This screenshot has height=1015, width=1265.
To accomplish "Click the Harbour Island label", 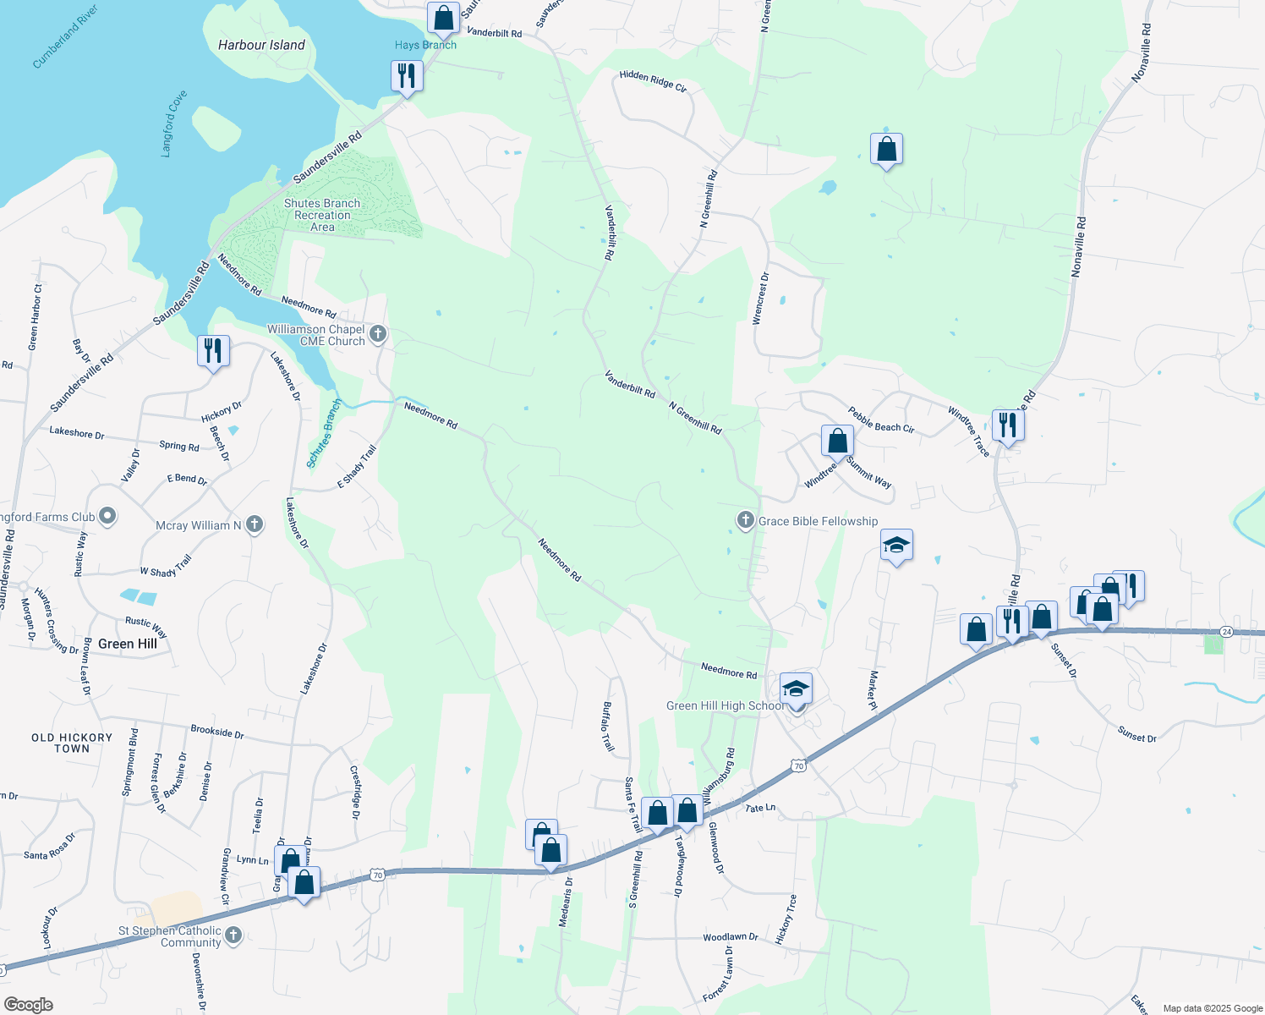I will pos(261,45).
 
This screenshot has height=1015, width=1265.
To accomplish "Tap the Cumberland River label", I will pos(65,36).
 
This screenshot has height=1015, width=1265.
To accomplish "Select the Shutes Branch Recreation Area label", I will pos(322,215).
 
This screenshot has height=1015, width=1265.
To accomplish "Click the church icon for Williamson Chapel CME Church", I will pos(378,334).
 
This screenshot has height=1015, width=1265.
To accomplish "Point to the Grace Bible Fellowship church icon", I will pos(745,520).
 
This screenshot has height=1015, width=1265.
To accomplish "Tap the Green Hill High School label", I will pos(725,705).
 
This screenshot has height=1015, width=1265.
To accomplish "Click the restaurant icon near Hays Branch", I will pos(407,76).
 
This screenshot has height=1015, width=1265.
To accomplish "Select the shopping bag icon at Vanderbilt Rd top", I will pos(443,17).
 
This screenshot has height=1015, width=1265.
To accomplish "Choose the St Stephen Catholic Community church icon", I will pos(233,935).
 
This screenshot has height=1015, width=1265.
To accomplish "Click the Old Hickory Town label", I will pos(72,743).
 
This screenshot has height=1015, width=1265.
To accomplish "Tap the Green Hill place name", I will pos(128,644).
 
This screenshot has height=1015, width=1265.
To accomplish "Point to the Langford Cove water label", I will pos(173,123).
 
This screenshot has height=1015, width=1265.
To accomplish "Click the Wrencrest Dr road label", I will pos(760,298).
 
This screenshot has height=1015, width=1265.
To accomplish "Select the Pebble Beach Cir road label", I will pos(881,420).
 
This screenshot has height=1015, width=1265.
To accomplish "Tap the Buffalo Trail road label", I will pos(608,727).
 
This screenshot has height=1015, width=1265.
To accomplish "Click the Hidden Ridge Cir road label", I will pos(653,81).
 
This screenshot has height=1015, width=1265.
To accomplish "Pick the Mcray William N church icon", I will pos(254,525).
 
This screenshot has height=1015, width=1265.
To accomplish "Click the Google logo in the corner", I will pos(28,1004).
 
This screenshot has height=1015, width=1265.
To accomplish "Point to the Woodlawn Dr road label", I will pos(731,937).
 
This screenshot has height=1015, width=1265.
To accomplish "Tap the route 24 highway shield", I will pos(1227,632).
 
